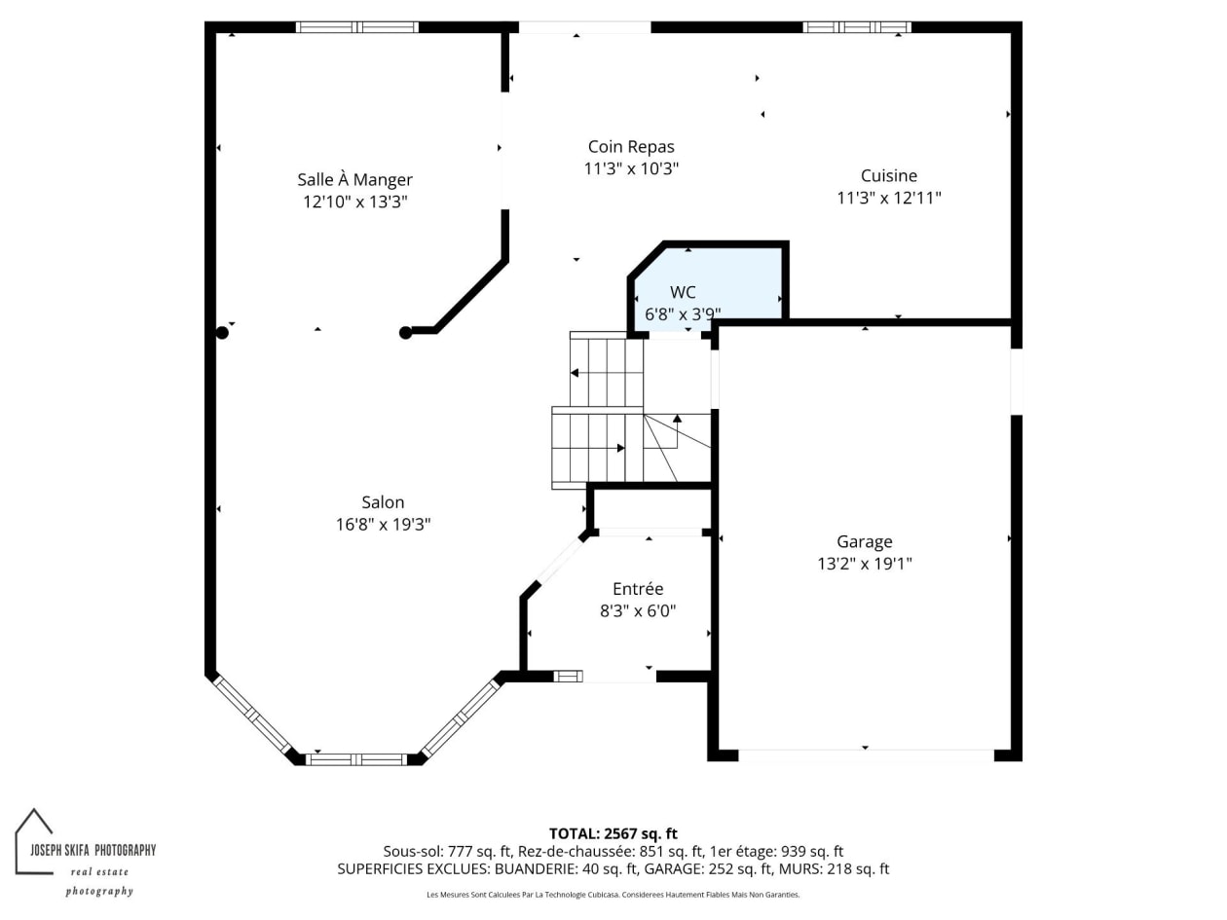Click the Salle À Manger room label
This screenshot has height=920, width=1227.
pyautogui.click(x=354, y=180)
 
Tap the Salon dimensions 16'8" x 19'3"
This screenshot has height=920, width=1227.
pyautogui.click(x=383, y=525)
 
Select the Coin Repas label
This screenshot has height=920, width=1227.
pyautogui.click(x=631, y=147)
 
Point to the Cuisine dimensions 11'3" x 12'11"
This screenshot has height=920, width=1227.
pyautogui.click(x=889, y=198)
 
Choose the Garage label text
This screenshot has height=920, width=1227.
pyautogui.click(x=864, y=542)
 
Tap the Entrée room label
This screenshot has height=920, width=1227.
pyautogui.click(x=638, y=589)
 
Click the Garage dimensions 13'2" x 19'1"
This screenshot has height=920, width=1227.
pyautogui.click(x=864, y=564)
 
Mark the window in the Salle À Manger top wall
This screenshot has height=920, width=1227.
pyautogui.click(x=357, y=27)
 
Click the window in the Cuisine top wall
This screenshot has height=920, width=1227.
pyautogui.click(x=857, y=27)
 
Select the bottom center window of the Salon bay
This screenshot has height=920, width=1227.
pyautogui.click(x=356, y=759)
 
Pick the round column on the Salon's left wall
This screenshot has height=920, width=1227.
pyautogui.click(x=222, y=333)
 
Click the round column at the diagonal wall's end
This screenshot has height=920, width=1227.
pyautogui.click(x=405, y=333)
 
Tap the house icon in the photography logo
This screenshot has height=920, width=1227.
pyautogui.click(x=33, y=841)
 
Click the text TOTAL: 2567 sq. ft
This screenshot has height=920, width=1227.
pyautogui.click(x=613, y=833)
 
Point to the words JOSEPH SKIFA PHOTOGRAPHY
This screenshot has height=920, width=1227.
pyautogui.click(x=93, y=850)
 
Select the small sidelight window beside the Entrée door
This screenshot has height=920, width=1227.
pyautogui.click(x=568, y=677)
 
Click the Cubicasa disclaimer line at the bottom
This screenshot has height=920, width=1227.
pyautogui.click(x=613, y=895)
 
